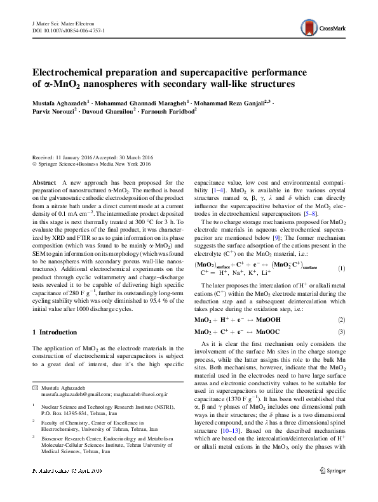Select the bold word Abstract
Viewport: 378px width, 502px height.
(44, 182)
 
